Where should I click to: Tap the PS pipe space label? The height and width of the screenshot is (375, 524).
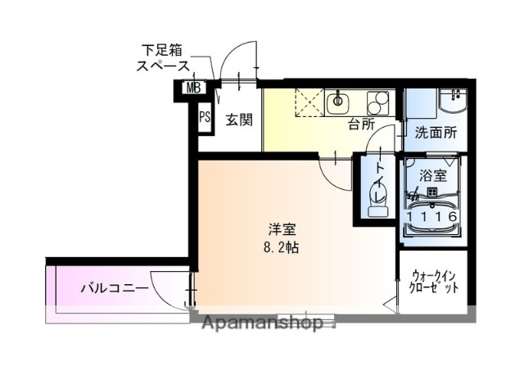click(205, 116)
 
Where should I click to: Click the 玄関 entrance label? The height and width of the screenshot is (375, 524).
click(238, 120)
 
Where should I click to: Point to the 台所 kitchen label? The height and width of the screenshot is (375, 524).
click(360, 125)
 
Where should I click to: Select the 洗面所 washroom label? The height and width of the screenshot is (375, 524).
click(434, 132)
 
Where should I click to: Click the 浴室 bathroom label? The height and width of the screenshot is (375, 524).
click(432, 175)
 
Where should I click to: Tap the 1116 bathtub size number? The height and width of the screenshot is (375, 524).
click(431, 216)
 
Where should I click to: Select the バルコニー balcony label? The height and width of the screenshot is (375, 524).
click(114, 287)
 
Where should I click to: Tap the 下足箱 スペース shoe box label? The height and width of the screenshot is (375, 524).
click(163, 59)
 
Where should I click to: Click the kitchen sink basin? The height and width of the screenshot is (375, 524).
click(337, 102)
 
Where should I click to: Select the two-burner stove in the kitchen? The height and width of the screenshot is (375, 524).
click(378, 103)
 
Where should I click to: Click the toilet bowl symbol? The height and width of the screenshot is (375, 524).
click(377, 197)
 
